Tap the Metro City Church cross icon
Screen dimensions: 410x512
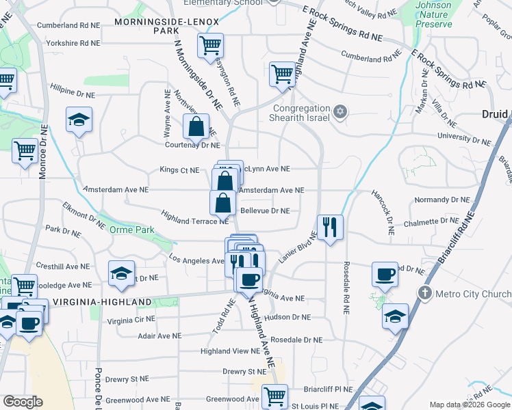tap(424, 294)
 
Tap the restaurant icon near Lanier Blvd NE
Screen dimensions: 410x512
tap(330, 225)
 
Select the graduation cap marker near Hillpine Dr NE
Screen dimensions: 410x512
tap(79, 120)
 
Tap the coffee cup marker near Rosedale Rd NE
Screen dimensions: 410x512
tap(385, 274)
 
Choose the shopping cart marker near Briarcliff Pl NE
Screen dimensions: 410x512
tap(274, 396)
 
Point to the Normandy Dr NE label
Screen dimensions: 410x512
tap(442, 200)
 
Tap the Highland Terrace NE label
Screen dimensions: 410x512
tap(194, 217)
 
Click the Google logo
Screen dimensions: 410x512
tap(22, 402)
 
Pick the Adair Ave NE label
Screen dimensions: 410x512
tap(159, 336)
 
